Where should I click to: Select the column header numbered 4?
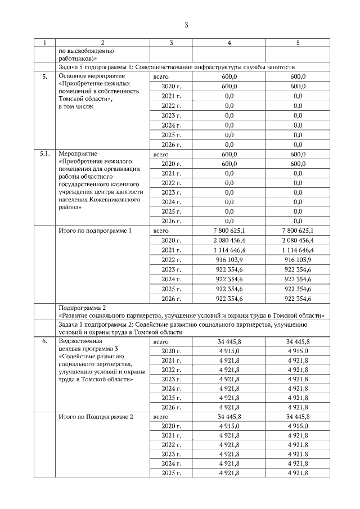point(229,43)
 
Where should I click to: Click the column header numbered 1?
point(45,43)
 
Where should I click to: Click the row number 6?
point(45,341)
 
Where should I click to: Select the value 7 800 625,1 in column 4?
point(229,231)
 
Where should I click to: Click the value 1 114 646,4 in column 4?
point(229,250)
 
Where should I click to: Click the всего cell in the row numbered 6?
point(161,341)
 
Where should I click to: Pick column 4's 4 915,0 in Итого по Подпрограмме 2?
point(229,426)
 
